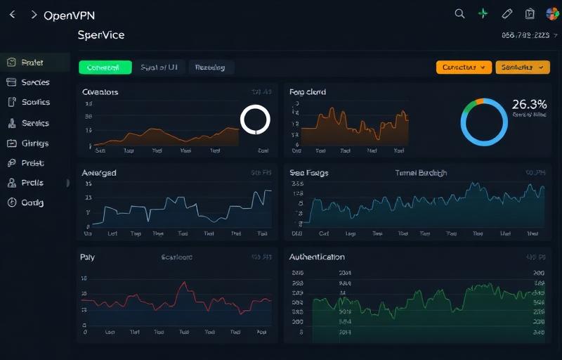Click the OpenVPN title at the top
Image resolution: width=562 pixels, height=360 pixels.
[x=69, y=15]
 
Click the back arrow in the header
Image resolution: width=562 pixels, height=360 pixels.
[x=12, y=15]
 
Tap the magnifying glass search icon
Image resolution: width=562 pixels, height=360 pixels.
[x=460, y=13]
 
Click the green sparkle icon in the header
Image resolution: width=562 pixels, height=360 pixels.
[x=483, y=13]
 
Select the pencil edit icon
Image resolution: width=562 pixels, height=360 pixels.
[x=507, y=13]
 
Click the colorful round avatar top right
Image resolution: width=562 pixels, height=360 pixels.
[x=552, y=13]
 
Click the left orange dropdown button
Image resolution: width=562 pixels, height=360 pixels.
[x=464, y=67]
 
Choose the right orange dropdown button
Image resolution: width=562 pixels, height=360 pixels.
[x=523, y=67]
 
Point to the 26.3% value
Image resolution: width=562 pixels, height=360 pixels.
[x=529, y=104]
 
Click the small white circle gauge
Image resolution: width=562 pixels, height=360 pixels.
[x=255, y=120]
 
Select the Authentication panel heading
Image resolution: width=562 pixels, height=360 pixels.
[x=317, y=257]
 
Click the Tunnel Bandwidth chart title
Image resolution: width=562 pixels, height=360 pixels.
[x=421, y=173]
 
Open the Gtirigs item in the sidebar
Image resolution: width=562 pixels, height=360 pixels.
[x=35, y=143]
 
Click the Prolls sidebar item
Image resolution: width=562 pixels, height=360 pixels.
[x=32, y=183]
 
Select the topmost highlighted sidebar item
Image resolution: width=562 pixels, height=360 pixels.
[x=32, y=63]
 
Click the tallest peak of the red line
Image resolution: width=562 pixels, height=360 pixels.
[x=183, y=283]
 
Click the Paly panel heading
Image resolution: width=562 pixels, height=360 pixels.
[x=88, y=257]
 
